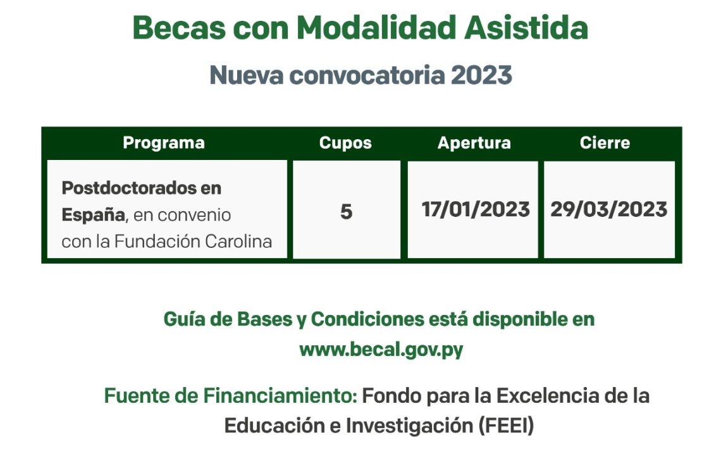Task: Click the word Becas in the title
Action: [180, 28]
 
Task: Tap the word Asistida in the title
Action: [526, 28]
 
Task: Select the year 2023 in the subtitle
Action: [481, 75]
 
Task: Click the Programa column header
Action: [164, 144]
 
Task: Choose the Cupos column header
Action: [345, 143]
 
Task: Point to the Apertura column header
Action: [474, 143]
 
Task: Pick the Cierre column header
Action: [605, 142]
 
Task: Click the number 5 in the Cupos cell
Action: [346, 212]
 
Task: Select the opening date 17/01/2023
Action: [476, 209]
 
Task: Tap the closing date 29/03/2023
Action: [609, 209]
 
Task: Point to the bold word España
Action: [94, 215]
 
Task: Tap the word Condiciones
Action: [367, 319]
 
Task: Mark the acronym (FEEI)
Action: [506, 425]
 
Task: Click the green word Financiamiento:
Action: [280, 396]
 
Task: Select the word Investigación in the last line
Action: [409, 426]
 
